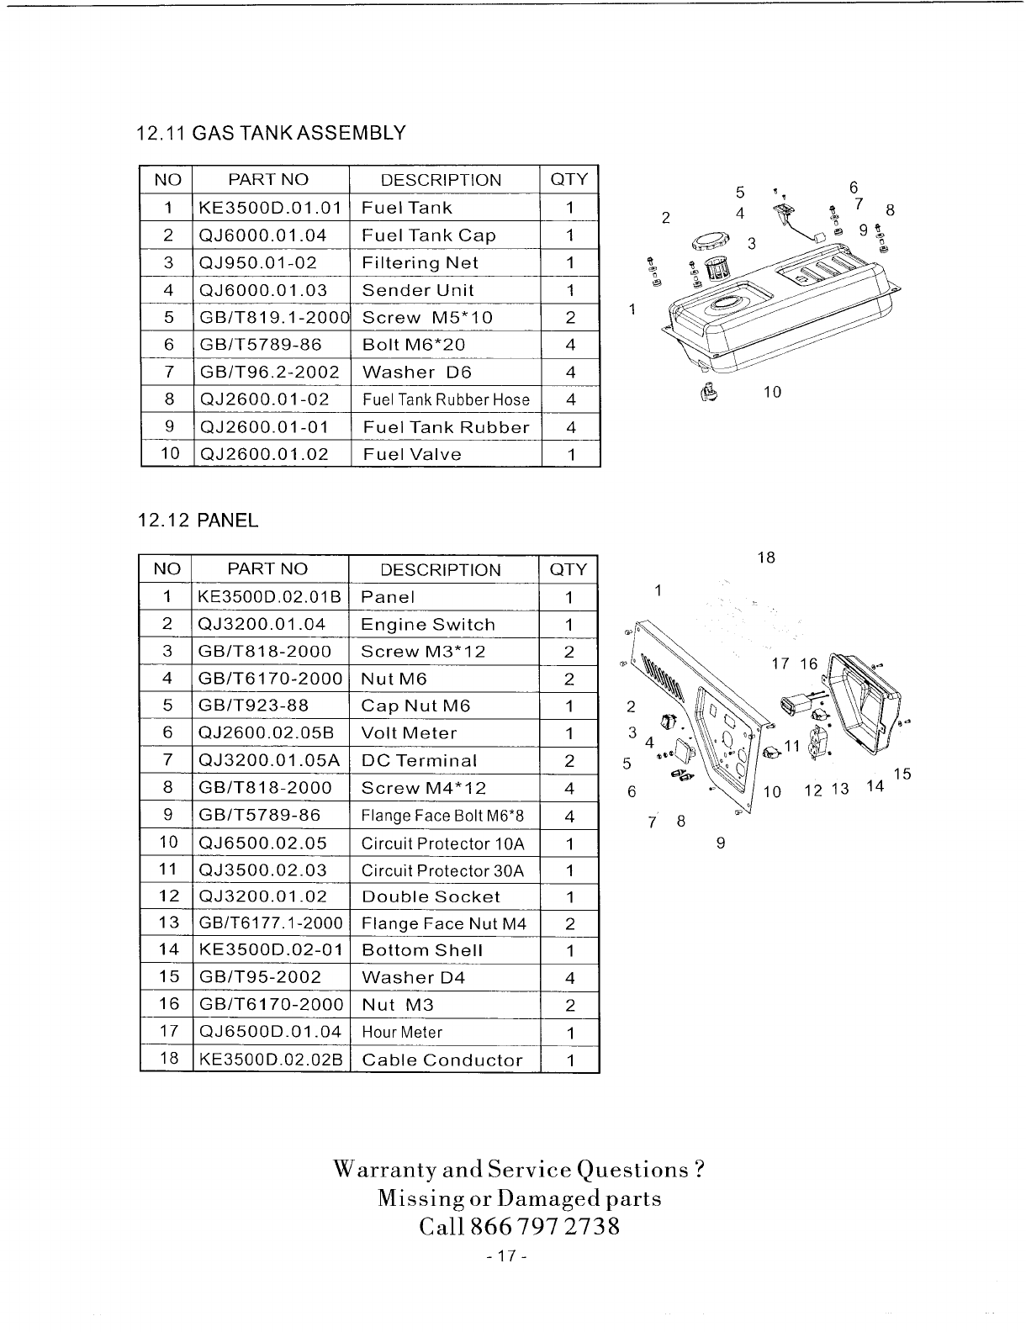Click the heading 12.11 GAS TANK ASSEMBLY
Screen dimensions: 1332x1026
[271, 133]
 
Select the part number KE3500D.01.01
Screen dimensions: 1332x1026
[270, 208]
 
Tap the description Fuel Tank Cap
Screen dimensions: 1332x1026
[428, 235]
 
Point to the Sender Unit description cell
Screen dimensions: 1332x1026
[417, 290]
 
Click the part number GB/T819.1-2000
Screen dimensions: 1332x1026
[273, 317]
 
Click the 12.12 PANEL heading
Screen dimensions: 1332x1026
[198, 521]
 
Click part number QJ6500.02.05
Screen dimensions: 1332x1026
[262, 843]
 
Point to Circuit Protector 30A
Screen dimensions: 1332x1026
[442, 870]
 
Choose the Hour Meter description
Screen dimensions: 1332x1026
[401, 1032]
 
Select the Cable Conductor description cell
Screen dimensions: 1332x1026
[442, 1060]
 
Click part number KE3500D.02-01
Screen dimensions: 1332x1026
[270, 950]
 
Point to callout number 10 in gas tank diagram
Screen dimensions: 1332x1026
[772, 392]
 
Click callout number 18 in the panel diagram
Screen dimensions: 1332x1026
[765, 558]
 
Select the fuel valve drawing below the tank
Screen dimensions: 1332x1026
[709, 391]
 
